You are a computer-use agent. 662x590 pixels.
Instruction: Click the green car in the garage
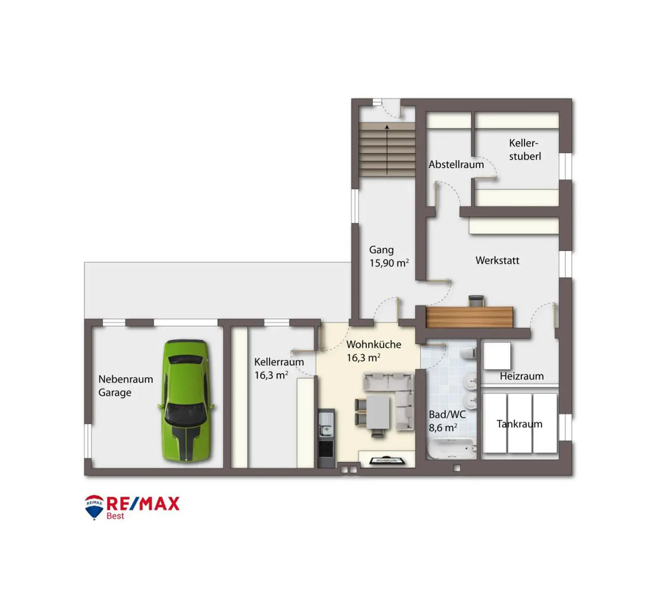[186, 400]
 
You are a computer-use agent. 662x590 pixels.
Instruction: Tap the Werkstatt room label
[497, 260]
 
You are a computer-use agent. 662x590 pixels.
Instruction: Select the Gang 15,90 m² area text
[389, 256]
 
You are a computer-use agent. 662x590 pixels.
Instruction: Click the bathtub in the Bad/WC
[451, 449]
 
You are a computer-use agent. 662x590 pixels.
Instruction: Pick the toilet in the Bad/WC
[468, 353]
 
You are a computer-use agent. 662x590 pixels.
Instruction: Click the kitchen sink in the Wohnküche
[326, 424]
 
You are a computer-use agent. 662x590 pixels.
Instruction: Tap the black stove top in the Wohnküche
[326, 449]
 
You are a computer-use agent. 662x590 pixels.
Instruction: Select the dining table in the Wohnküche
[378, 412]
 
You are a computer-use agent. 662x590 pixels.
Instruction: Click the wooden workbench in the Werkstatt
[469, 317]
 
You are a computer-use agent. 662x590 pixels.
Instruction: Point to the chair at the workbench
[476, 301]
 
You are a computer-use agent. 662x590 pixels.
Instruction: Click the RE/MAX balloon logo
[94, 507]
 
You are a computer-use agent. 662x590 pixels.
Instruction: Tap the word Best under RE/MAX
[116, 516]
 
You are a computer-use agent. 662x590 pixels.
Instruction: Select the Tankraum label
[519, 424]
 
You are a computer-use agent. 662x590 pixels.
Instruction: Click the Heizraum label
[521, 376]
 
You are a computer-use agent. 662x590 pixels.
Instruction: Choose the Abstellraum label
[456, 164]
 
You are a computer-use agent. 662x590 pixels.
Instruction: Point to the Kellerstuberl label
[525, 150]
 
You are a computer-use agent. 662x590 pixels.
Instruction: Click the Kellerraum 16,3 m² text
[279, 368]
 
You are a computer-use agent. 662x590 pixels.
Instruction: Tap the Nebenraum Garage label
[125, 385]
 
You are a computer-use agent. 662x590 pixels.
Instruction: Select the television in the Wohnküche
[387, 460]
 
